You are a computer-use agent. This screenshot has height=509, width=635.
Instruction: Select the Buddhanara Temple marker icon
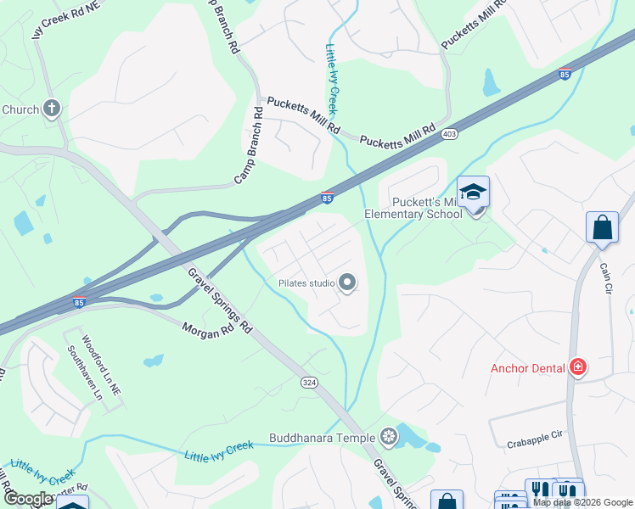coord(389,438)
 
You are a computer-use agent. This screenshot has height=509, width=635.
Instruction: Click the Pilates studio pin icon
coord(347,283)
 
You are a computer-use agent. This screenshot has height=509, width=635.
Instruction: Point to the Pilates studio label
coord(306,283)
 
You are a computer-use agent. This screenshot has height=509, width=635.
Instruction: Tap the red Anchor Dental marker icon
coord(578,367)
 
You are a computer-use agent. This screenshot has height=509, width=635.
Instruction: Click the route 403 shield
coord(448,134)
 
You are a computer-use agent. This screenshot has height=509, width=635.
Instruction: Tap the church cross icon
coord(52,109)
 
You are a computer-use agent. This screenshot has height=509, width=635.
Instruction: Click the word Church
coord(20,109)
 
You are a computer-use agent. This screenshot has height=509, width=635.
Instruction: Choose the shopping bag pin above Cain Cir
coord(602,227)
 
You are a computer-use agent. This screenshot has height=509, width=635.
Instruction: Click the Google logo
coord(30,500)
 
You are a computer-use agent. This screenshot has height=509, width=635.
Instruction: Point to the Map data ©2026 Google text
coord(582,502)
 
